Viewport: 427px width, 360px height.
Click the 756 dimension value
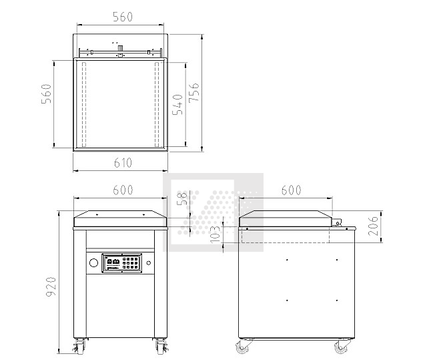coord(193,92)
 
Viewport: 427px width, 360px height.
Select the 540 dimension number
coord(178,104)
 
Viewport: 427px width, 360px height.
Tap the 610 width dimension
coord(123,163)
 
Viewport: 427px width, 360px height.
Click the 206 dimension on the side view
coord(373,226)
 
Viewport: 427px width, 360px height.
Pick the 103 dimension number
coord(215,232)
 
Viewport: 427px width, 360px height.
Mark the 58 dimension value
coord(182,198)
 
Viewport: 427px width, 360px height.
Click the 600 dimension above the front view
coord(123,190)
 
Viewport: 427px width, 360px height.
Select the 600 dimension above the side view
coord(291,190)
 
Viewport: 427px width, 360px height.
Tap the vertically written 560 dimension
coord(46,94)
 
